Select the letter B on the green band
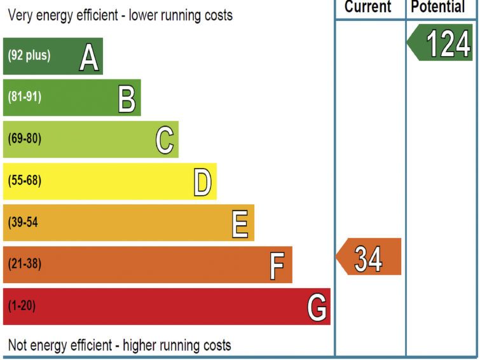pyautogui.click(x=127, y=100)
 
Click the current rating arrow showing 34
pyautogui.click(x=369, y=258)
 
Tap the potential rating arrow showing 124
pyautogui.click(x=442, y=44)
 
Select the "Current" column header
pyautogui.click(x=368, y=7)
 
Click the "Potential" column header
pyautogui.click(x=439, y=7)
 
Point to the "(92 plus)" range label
pyautogui.click(x=29, y=55)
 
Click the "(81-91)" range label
pyautogui.click(x=25, y=97)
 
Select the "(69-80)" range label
pyautogui.click(x=25, y=139)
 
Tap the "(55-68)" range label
pyautogui.click(x=25, y=181)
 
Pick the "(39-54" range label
pyautogui.click(x=24, y=223)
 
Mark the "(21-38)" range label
pyautogui.click(x=25, y=264)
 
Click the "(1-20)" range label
pyautogui.click(x=22, y=306)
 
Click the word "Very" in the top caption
pyautogui.click(x=20, y=15)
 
